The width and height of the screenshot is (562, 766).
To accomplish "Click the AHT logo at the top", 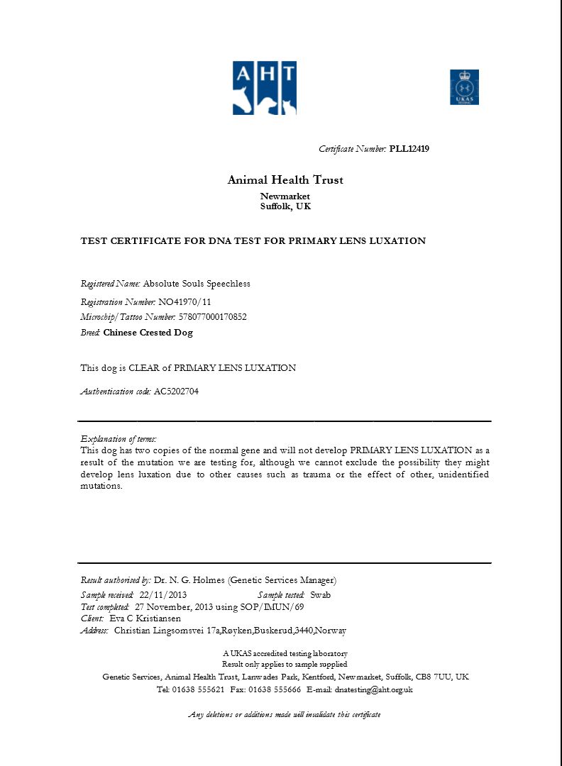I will (x=264, y=88).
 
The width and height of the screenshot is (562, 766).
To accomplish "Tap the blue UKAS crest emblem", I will (x=464, y=87).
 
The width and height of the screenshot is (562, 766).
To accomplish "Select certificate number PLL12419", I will (x=409, y=149).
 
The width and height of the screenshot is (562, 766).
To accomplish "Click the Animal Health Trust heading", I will (x=285, y=180).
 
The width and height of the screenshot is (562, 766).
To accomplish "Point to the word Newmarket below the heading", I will (x=285, y=196).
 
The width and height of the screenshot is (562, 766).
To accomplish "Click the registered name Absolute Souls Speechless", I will (x=197, y=284).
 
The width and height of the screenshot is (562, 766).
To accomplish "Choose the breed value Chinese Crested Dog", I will (x=148, y=333).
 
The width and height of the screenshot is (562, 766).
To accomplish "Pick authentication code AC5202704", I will (x=176, y=392).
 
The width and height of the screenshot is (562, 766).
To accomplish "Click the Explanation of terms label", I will (x=119, y=439).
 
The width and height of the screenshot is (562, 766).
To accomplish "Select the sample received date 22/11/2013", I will (x=162, y=595).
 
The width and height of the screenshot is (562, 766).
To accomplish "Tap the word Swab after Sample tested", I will (x=320, y=595).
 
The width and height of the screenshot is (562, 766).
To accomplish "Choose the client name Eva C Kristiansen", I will (x=145, y=618).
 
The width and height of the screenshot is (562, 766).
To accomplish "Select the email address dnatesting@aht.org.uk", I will (x=374, y=689).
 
